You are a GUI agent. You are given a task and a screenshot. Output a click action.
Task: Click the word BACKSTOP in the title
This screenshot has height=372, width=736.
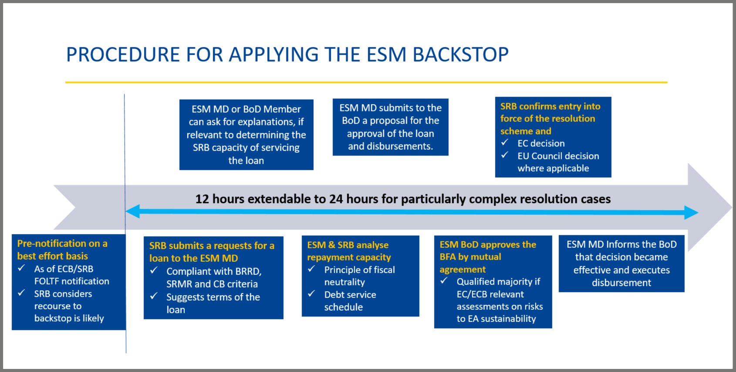pyautogui.click(x=461, y=54)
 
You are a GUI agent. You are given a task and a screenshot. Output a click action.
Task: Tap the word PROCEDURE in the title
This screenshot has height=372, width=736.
pyautogui.click(x=123, y=54)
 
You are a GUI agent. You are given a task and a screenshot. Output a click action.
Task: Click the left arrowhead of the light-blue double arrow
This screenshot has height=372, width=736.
pyautogui.click(x=133, y=211)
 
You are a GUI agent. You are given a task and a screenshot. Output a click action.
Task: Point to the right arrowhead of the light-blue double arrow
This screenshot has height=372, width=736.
pyautogui.click(x=691, y=212)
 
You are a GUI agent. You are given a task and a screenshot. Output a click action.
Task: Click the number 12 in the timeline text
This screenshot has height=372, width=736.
pyautogui.click(x=202, y=199)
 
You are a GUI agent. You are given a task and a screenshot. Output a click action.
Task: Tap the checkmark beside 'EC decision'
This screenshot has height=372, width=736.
pyautogui.click(x=505, y=143)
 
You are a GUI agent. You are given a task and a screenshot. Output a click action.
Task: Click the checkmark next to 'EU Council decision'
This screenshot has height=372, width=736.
pyautogui.click(x=505, y=155)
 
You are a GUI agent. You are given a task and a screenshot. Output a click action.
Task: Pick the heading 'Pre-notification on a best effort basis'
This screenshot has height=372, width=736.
pyautogui.click(x=62, y=249)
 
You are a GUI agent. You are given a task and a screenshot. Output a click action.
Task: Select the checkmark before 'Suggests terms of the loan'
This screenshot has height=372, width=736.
pyautogui.click(x=154, y=296)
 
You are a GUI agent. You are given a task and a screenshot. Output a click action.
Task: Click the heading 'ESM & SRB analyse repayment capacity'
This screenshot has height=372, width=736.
pyautogui.click(x=349, y=251)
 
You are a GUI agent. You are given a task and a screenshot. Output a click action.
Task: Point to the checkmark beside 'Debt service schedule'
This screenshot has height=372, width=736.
pyautogui.click(x=311, y=294)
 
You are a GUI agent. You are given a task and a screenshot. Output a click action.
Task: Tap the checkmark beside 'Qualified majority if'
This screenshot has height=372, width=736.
pyautogui.click(x=444, y=280)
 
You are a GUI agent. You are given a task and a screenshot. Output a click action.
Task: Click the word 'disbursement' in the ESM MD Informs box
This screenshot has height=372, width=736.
pyautogui.click(x=621, y=283)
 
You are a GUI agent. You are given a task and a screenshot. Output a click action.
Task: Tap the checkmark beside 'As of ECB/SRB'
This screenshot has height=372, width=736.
pyautogui.click(x=22, y=268)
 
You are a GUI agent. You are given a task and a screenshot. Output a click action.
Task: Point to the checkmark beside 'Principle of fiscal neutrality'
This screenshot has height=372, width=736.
pyautogui.click(x=311, y=269)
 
